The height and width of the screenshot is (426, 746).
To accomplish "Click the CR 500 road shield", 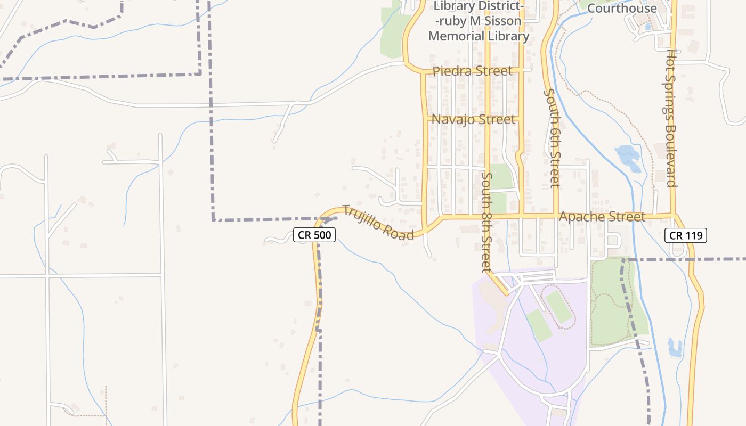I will coord(314,235).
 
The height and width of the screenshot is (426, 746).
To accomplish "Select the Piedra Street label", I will coord(473,71).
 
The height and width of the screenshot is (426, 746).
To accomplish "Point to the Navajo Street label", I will coord(473,119).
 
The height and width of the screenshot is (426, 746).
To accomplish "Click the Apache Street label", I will coord(602,217).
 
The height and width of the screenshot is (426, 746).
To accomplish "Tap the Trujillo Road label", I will coord(378,222).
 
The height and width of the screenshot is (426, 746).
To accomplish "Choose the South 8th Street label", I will coord(486,222).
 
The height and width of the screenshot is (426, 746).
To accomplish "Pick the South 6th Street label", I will coord(553,137).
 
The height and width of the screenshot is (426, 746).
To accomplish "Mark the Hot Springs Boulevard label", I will coord(671,118).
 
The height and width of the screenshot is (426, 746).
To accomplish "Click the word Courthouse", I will coord(622,8).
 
